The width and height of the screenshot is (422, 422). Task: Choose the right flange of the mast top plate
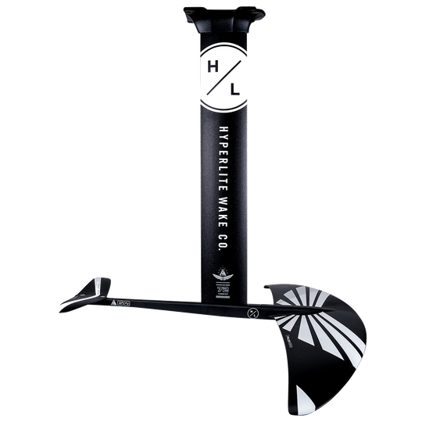[x=259, y=13]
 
